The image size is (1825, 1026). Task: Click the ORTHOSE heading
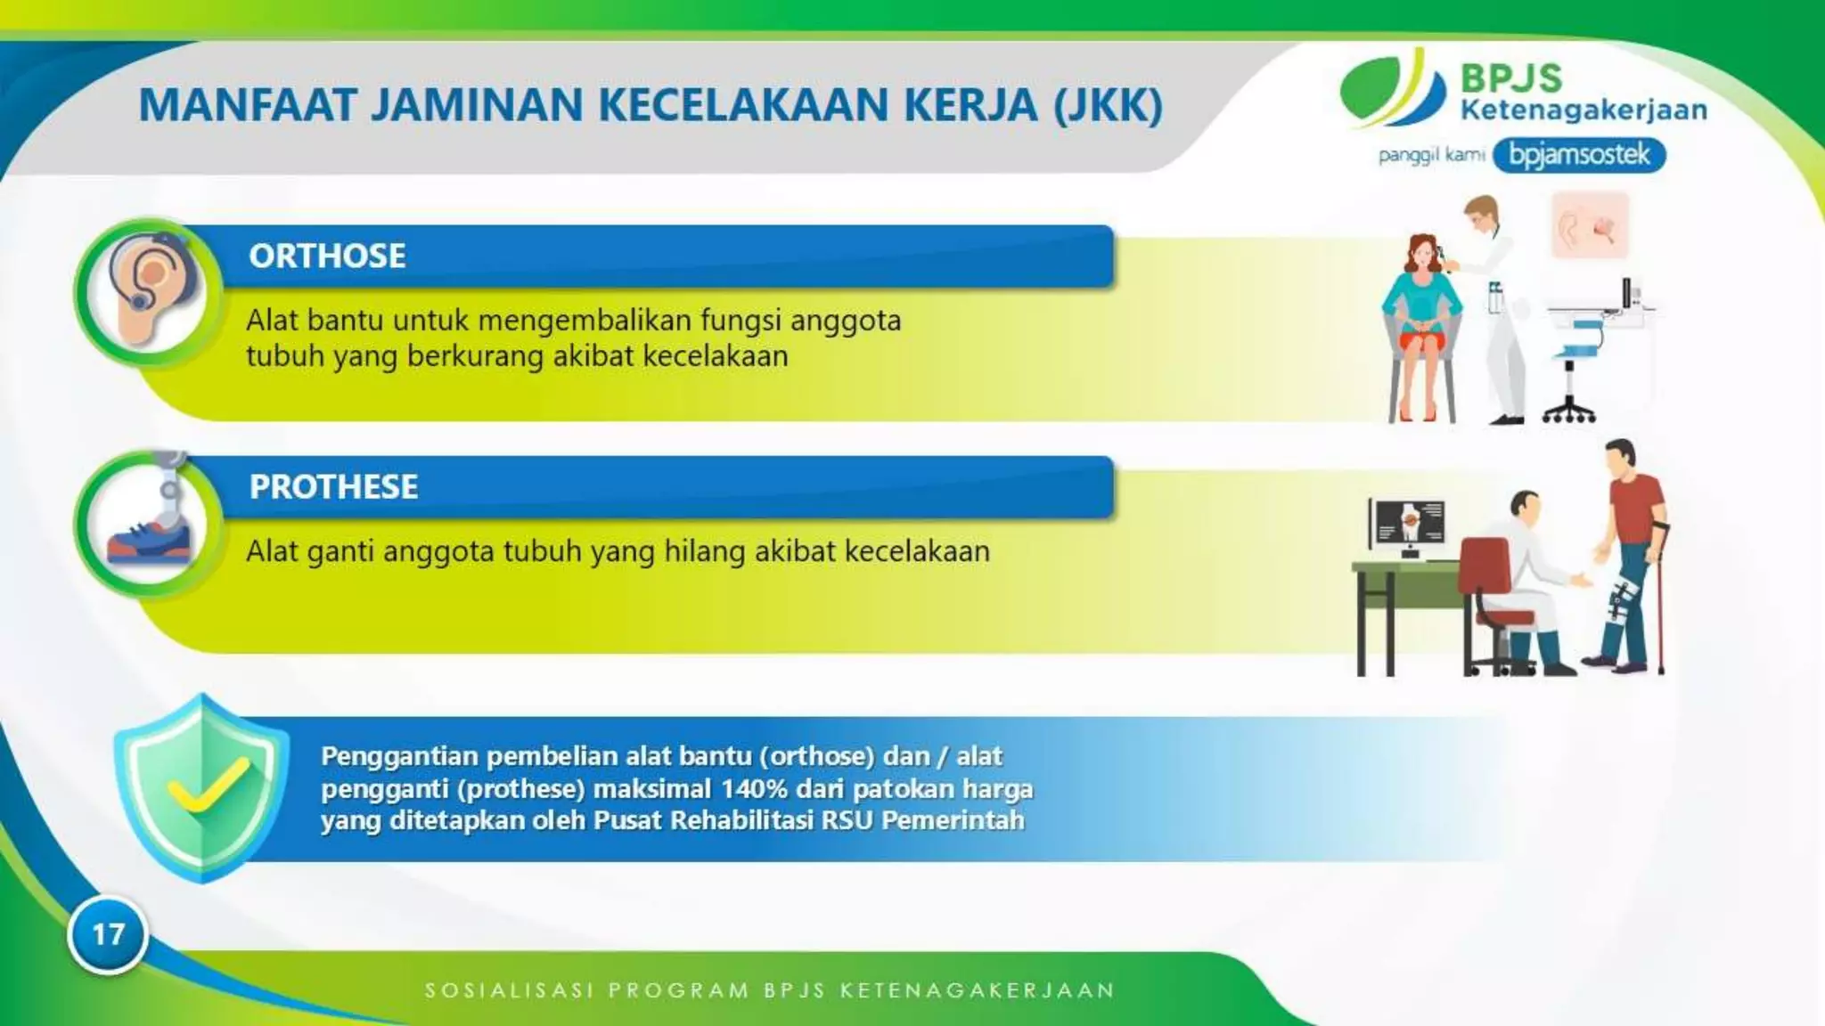pyautogui.click(x=327, y=256)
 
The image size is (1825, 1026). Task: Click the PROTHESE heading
pyautogui.click(x=333, y=487)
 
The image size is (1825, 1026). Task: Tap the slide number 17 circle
pyautogui.click(x=108, y=934)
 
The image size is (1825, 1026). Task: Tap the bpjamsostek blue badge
pyautogui.click(x=1579, y=155)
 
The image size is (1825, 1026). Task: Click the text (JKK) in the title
pyautogui.click(x=1108, y=105)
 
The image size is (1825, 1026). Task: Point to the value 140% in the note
pyautogui.click(x=755, y=789)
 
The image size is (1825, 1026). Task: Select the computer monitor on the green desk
pyautogui.click(x=1408, y=525)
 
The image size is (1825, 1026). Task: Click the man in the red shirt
pyautogui.click(x=1631, y=552)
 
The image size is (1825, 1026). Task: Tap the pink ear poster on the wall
pyautogui.click(x=1590, y=226)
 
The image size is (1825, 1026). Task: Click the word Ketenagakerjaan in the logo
pyautogui.click(x=1584, y=110)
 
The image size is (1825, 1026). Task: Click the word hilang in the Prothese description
pyautogui.click(x=705, y=551)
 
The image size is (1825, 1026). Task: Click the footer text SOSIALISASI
pyautogui.click(x=509, y=990)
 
